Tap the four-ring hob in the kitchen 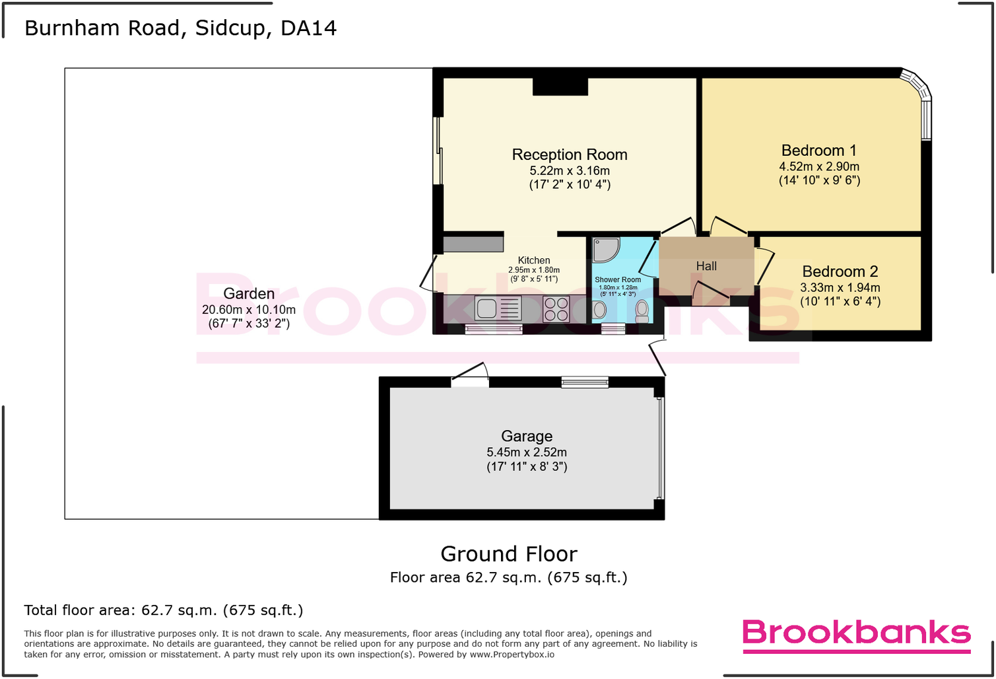(x=556, y=309)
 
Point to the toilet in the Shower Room (x=642, y=310)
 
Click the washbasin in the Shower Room (x=599, y=310)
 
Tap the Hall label (x=706, y=266)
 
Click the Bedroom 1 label (x=818, y=151)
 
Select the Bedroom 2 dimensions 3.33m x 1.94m (x=840, y=288)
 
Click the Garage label (x=526, y=436)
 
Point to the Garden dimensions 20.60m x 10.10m (x=248, y=310)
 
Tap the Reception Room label (x=569, y=155)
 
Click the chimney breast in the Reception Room (x=560, y=87)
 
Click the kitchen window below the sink (x=493, y=329)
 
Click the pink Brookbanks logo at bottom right (x=856, y=634)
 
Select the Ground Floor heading (x=508, y=554)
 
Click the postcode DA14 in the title (x=308, y=28)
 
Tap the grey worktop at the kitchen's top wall (x=473, y=244)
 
